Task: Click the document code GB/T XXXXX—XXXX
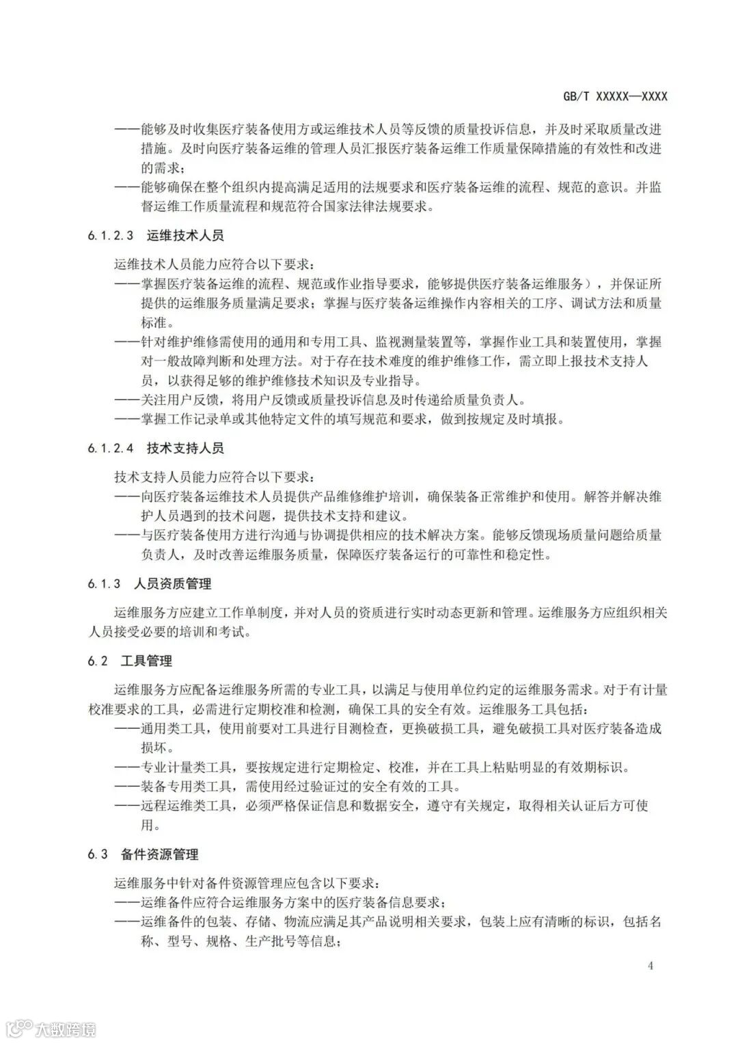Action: (615, 96)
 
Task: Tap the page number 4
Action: (651, 966)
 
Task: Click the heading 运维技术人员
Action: (185, 236)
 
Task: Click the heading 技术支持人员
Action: (185, 448)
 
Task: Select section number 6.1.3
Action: (104, 583)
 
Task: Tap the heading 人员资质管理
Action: (173, 583)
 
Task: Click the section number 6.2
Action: (98, 660)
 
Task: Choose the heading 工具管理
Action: (146, 660)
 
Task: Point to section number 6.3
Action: (98, 854)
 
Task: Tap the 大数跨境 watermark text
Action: (66, 1028)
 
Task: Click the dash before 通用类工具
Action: (127, 728)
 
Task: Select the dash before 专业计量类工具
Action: (127, 767)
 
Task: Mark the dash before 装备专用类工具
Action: (127, 786)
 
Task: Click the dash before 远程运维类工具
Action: (127, 806)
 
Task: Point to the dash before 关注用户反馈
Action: (127, 400)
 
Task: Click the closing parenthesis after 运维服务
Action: (589, 283)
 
